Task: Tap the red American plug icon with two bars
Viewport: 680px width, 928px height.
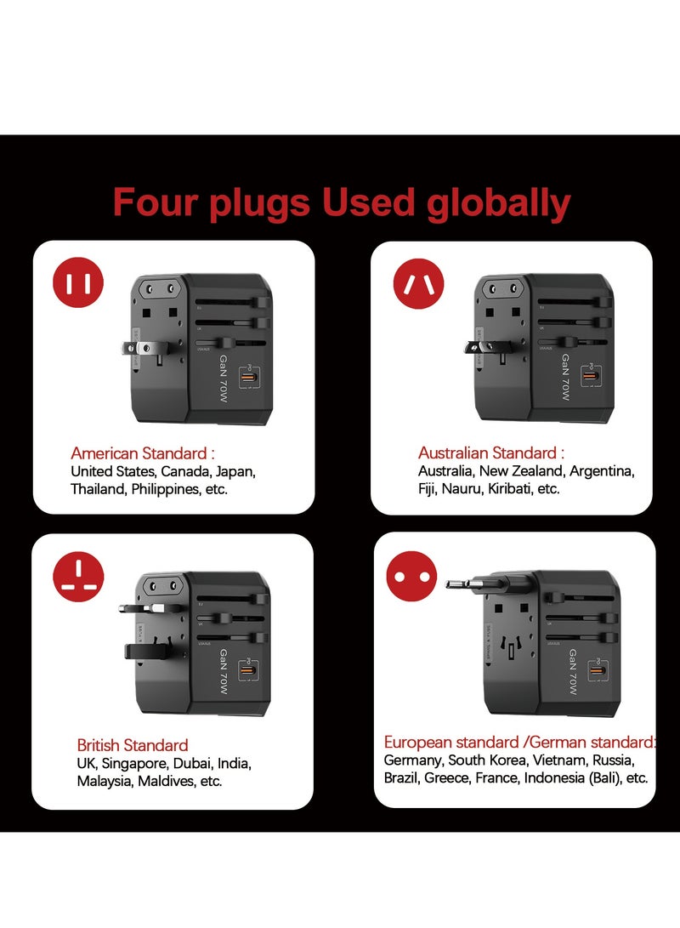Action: pos(78,283)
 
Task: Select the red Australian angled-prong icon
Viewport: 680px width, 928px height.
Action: pos(418,283)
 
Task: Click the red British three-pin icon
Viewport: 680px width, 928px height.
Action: pos(78,576)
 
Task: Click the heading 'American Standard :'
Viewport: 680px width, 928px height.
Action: pos(143,453)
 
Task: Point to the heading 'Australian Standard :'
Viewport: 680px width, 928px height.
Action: pos(491,453)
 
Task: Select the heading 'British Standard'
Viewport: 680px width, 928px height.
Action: pos(133,745)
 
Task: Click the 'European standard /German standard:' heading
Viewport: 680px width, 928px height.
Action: pos(519,742)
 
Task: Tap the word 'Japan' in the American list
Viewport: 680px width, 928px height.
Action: pos(235,471)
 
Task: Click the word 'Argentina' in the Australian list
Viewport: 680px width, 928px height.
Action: pos(602,471)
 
